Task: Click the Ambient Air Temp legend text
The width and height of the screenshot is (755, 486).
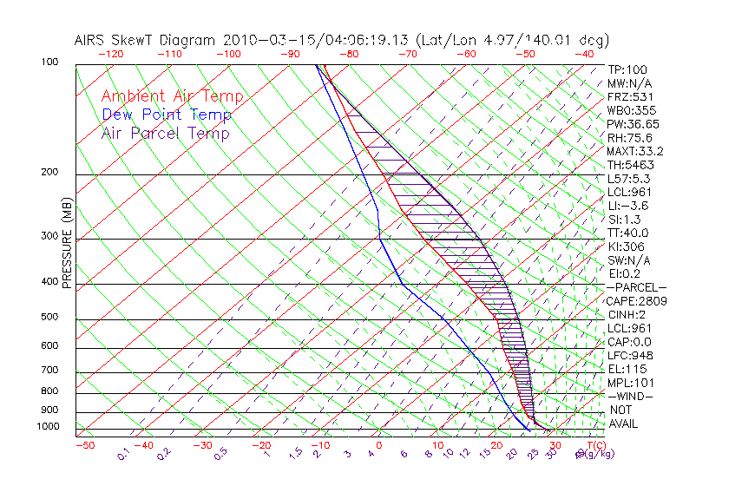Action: pyautogui.click(x=172, y=96)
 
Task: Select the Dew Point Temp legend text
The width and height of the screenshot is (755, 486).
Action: pyautogui.click(x=167, y=115)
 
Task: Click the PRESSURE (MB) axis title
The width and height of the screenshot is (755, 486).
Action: pyautogui.click(x=67, y=244)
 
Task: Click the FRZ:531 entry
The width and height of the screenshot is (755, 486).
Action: pyautogui.click(x=629, y=97)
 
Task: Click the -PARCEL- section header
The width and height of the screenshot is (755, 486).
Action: pyautogui.click(x=636, y=287)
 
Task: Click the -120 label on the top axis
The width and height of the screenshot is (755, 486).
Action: pyautogui.click(x=110, y=54)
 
